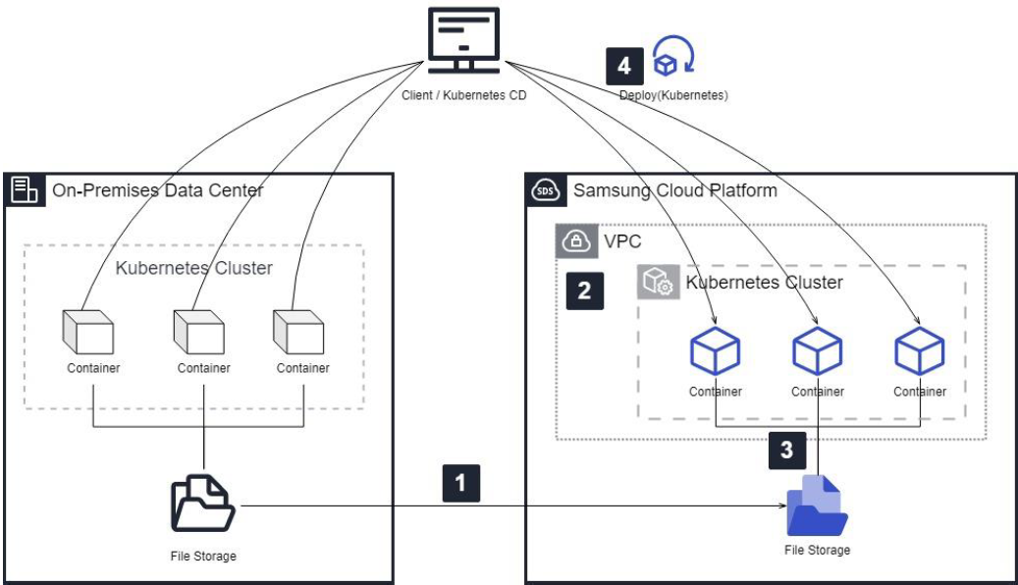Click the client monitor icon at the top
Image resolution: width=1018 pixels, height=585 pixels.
click(x=463, y=40)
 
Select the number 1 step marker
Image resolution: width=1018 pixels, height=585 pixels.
click(x=460, y=483)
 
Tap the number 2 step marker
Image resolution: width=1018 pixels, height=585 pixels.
click(x=584, y=291)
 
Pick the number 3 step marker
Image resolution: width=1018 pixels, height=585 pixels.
click(x=786, y=450)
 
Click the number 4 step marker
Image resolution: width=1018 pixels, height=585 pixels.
click(x=623, y=66)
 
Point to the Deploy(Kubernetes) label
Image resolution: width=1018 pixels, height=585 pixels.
click(x=673, y=96)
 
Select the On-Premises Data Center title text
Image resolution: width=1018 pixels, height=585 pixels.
click(x=157, y=190)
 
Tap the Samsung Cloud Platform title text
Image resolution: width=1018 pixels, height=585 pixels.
click(x=674, y=190)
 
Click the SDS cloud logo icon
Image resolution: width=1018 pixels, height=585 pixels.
click(x=544, y=190)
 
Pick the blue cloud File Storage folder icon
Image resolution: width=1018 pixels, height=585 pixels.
click(x=817, y=505)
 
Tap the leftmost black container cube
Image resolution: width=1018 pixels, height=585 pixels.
click(x=93, y=333)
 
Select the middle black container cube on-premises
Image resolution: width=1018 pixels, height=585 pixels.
click(x=203, y=333)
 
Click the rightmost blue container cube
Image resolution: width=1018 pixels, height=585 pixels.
click(x=919, y=351)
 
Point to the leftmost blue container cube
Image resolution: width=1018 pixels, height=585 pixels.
click(x=715, y=351)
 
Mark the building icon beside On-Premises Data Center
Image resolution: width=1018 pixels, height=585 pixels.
click(x=24, y=190)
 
